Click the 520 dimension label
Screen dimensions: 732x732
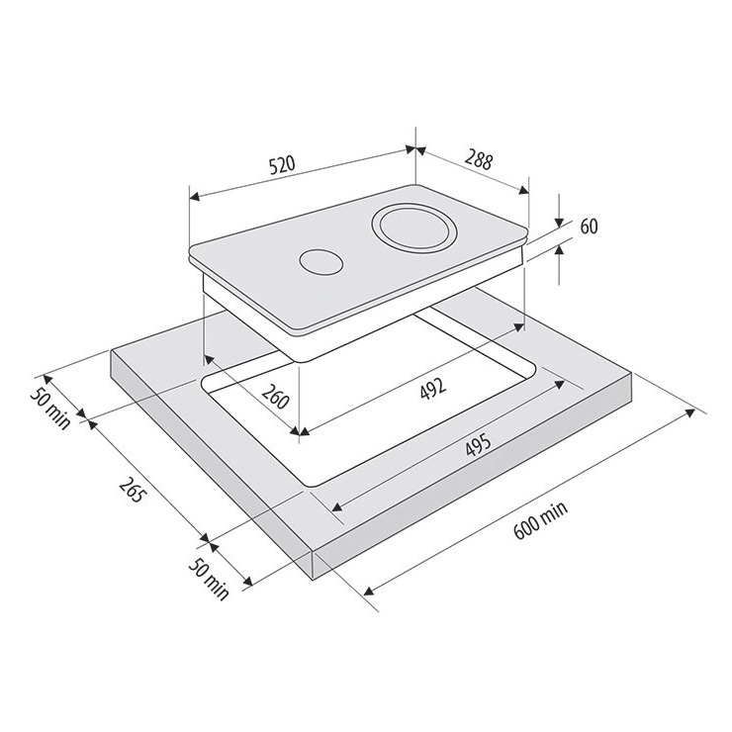click(x=282, y=165)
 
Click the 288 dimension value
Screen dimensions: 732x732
click(x=479, y=160)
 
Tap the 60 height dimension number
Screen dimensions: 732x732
click(x=589, y=227)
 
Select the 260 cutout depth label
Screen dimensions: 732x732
click(x=275, y=397)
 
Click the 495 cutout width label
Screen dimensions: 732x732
click(x=478, y=445)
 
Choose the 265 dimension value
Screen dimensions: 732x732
click(x=131, y=491)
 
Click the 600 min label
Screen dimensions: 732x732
click(x=541, y=520)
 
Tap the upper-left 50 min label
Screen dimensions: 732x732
click(x=50, y=408)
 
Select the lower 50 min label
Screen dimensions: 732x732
click(x=209, y=579)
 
